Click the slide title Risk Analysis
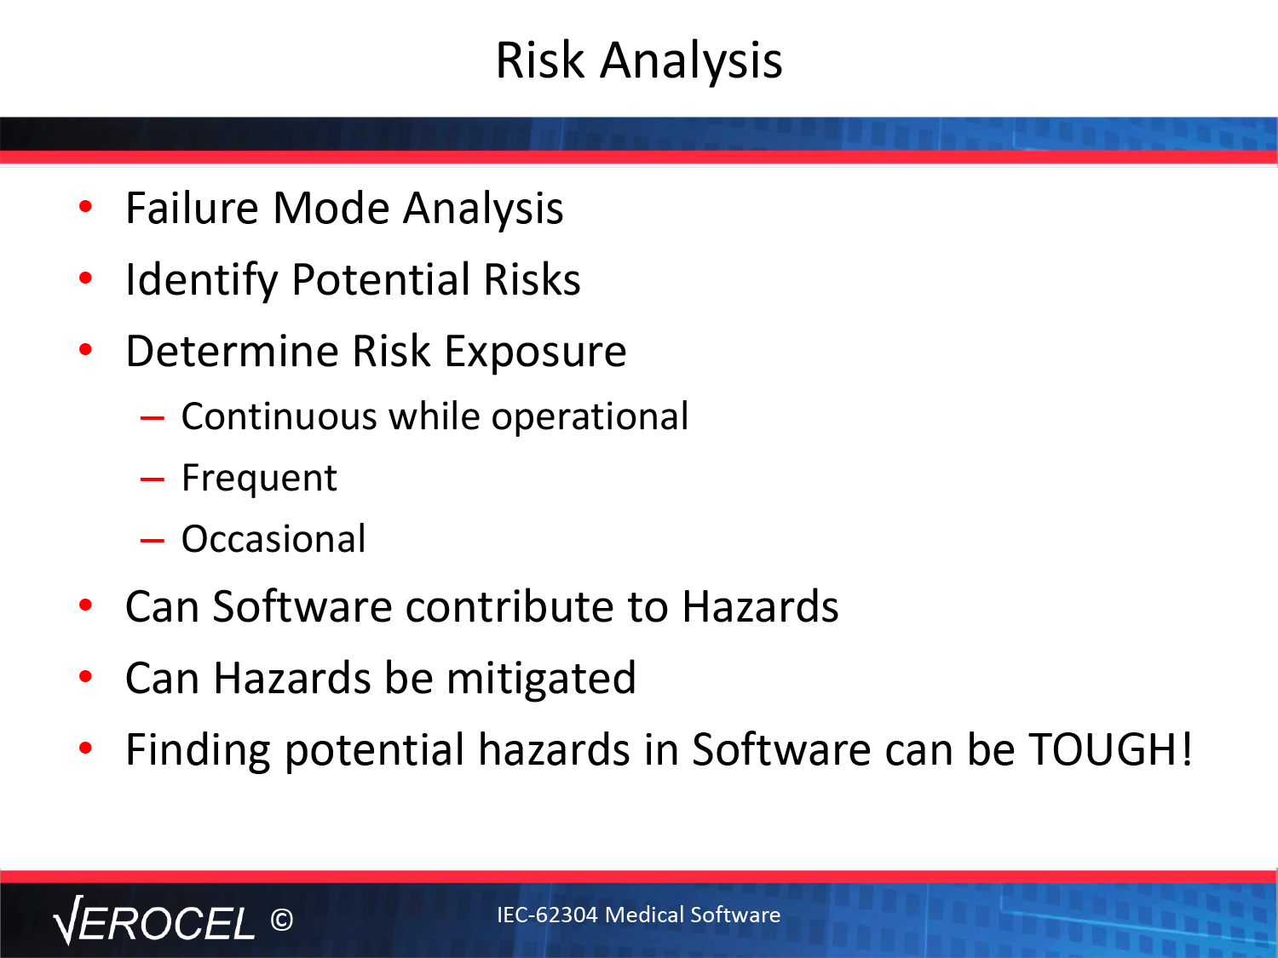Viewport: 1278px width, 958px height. click(x=639, y=60)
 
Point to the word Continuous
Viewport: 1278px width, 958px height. click(x=279, y=416)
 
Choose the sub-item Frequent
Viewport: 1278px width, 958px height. click(x=259, y=478)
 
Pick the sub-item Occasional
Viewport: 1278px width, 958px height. click(x=273, y=539)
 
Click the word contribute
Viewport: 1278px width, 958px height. click(x=509, y=606)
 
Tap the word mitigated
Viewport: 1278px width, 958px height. click(x=541, y=679)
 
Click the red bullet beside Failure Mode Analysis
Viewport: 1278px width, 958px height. click(x=85, y=206)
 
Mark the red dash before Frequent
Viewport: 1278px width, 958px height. click(x=153, y=479)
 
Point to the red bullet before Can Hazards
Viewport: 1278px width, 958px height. click(x=85, y=677)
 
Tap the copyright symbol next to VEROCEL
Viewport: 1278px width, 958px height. click(x=282, y=920)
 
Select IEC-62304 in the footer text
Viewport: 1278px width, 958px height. click(x=547, y=915)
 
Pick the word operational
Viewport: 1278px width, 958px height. click(x=590, y=417)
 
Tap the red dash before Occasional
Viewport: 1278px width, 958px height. click(x=153, y=541)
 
